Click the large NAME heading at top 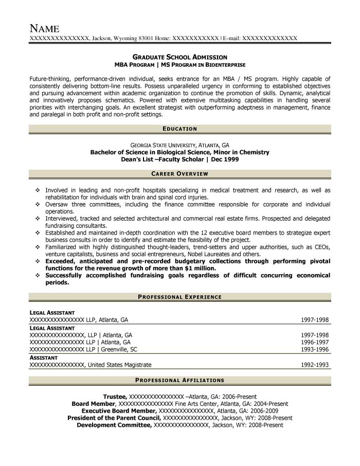(45, 28)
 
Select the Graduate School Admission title (179, 57)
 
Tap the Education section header (179, 128)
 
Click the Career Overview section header (179, 175)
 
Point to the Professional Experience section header (179, 297)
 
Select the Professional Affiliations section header (179, 380)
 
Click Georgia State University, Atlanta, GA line (179, 145)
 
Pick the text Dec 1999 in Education (225, 159)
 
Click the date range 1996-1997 (315, 342)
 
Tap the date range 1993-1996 (315, 349)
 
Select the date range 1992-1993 (315, 365)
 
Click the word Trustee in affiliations (115, 397)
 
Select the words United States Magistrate (119, 365)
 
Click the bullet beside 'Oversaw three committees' (38, 204)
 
